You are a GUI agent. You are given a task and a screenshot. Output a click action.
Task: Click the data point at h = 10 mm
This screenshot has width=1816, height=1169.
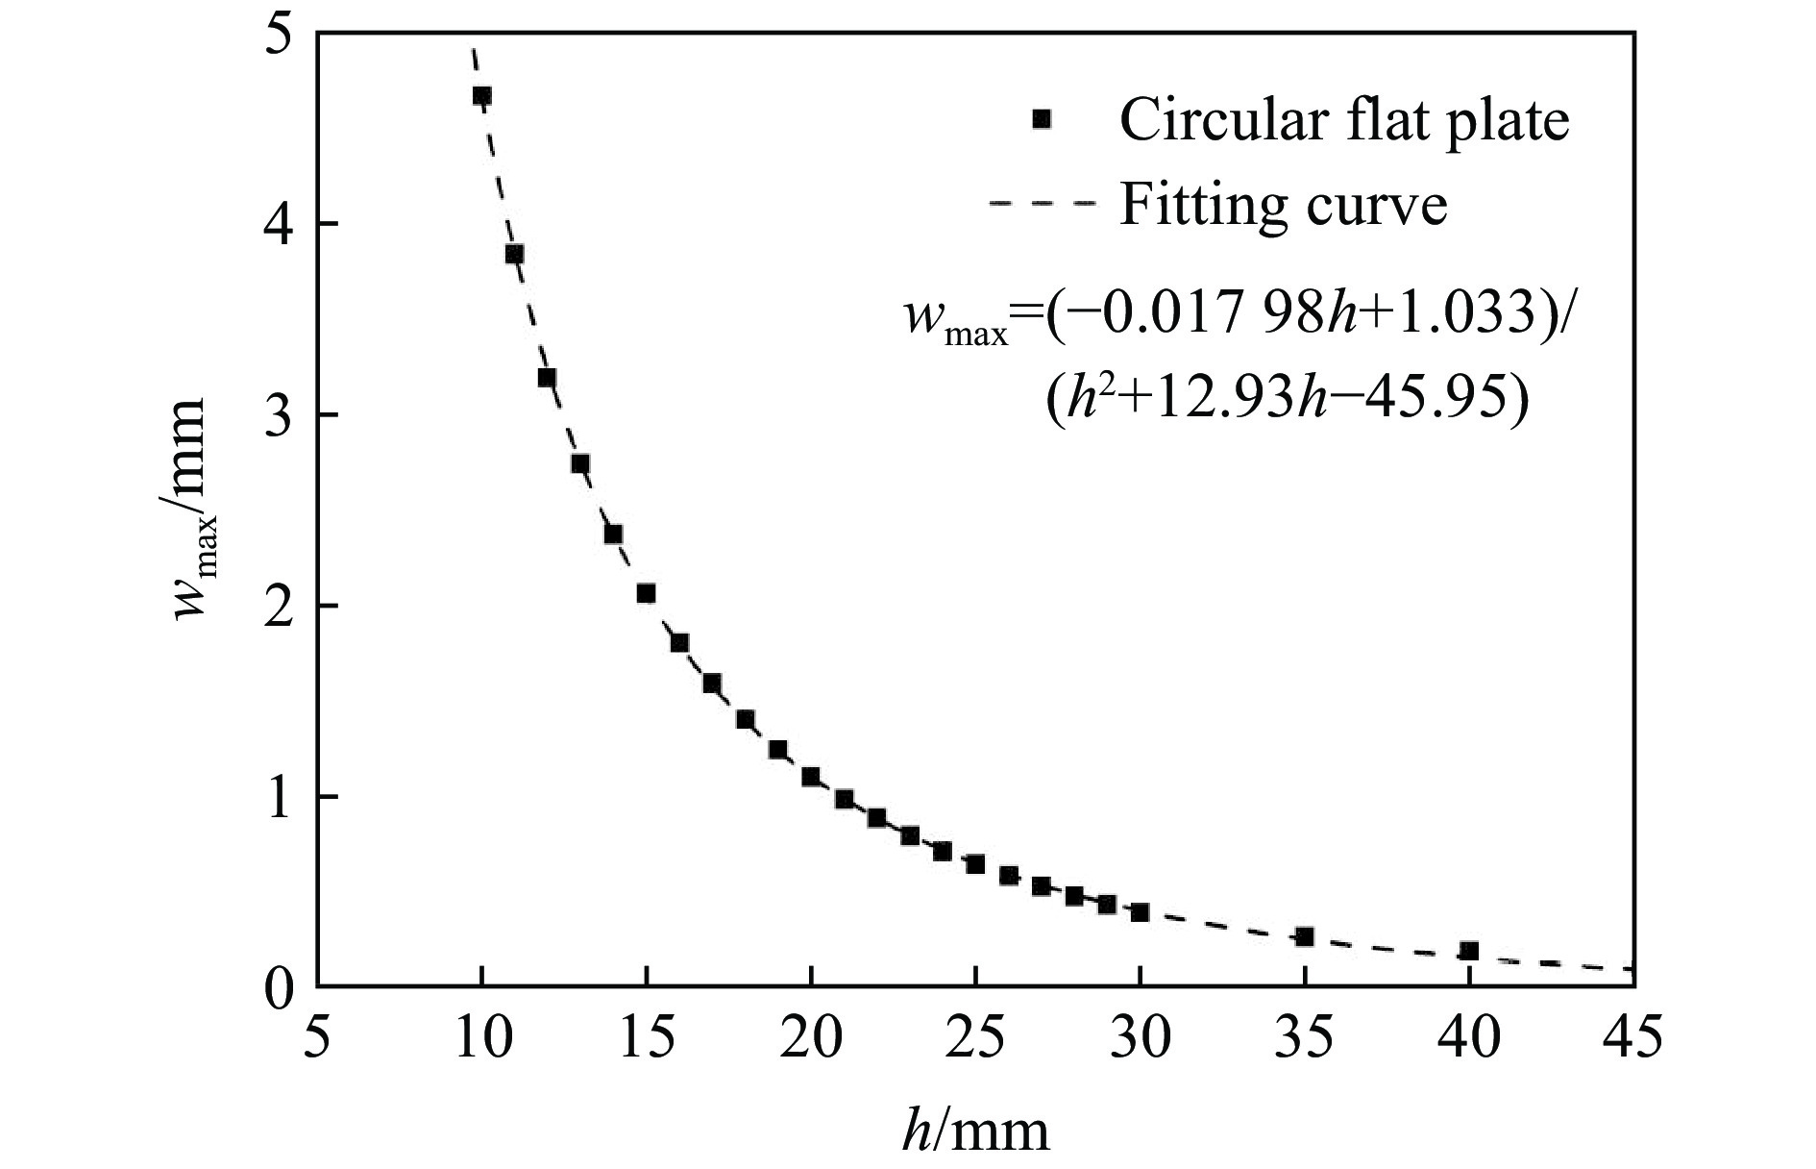click(482, 96)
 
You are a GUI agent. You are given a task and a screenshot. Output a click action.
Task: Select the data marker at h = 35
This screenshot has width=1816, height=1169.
click(1304, 936)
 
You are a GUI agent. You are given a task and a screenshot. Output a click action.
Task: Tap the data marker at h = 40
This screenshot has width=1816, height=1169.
click(1468, 951)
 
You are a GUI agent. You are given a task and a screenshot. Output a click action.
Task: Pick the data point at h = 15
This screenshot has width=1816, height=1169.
click(647, 593)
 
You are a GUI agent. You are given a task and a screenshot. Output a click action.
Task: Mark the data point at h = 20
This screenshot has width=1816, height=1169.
click(811, 776)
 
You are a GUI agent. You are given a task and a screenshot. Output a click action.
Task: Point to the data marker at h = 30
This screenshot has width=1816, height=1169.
click(1140, 911)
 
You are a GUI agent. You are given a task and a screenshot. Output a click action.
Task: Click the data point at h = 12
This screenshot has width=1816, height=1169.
click(548, 378)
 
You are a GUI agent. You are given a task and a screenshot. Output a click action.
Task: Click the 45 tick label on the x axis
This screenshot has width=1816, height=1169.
click(1632, 1039)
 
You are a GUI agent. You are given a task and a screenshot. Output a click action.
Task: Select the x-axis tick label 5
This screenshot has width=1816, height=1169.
click(318, 1039)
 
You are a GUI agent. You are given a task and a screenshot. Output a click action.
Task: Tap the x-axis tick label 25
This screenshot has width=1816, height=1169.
click(975, 1039)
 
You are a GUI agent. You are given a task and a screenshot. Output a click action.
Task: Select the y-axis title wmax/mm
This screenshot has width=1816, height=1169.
click(190, 510)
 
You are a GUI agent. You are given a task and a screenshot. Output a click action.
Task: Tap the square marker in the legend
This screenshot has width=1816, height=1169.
click(1041, 119)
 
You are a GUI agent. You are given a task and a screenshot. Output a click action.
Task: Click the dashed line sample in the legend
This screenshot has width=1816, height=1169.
click(1041, 204)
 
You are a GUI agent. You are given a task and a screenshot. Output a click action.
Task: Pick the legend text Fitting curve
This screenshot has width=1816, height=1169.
click(1283, 204)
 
